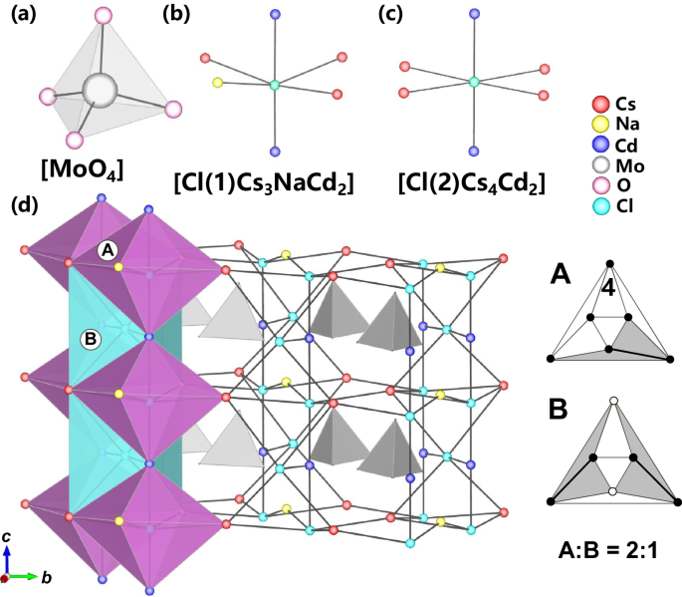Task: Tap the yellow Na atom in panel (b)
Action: coord(218,83)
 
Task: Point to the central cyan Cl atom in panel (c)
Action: coord(474,81)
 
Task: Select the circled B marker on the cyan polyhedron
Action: coord(90,338)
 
